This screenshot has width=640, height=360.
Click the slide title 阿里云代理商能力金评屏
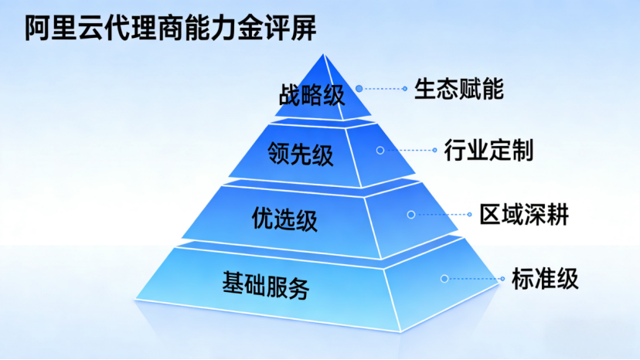click(x=171, y=28)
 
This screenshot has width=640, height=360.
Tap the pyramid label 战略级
click(x=311, y=95)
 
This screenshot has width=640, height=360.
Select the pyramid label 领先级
click(x=301, y=155)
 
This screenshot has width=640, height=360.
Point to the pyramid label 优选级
click(x=284, y=219)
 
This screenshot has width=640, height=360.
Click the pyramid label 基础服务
click(x=266, y=284)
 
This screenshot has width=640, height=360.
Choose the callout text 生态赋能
click(x=459, y=89)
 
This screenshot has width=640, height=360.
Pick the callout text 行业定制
click(x=489, y=150)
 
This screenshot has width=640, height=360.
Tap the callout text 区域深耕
click(x=524, y=214)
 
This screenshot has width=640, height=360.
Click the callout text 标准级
click(x=545, y=279)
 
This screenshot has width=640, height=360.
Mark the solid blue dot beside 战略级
click(x=359, y=89)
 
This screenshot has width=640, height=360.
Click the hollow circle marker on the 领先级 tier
click(x=380, y=150)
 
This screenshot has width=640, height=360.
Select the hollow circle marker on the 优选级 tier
click(x=411, y=214)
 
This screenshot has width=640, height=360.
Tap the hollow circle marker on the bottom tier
click(x=444, y=279)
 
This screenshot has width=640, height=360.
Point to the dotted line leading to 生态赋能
click(x=383, y=89)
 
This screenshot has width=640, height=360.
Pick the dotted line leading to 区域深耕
click(x=441, y=214)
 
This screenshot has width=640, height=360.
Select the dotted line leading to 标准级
click(x=475, y=279)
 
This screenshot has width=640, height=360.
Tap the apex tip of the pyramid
click(x=324, y=54)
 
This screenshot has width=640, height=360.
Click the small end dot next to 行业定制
click(x=434, y=150)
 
